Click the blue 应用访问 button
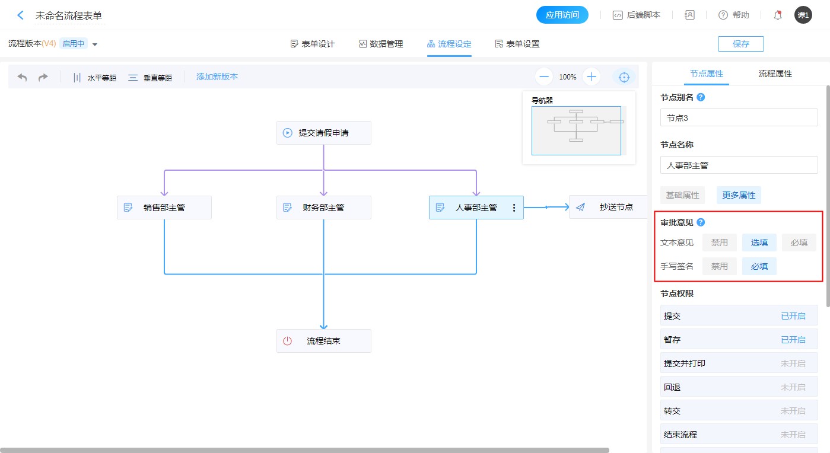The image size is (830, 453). point(562,15)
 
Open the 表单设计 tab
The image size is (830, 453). point(313,44)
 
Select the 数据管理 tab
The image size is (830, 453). point(381,44)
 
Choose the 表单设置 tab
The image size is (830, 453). point(517,44)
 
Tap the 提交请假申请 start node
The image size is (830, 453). point(323,133)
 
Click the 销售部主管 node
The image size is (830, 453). point(164,208)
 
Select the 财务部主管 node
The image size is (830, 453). point(323,208)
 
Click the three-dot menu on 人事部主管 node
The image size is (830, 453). point(514,208)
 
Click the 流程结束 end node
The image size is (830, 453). point(323,341)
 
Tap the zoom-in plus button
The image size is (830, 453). point(592,76)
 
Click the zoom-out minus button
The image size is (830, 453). point(544,76)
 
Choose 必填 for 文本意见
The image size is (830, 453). point(799,243)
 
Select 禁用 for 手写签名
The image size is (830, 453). point(720,267)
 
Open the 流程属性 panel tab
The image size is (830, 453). point(775,74)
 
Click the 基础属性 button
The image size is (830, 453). point(682,195)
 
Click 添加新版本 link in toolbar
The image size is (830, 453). point(217,76)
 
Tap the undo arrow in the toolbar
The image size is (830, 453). point(22,77)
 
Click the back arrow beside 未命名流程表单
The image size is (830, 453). point(21,15)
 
